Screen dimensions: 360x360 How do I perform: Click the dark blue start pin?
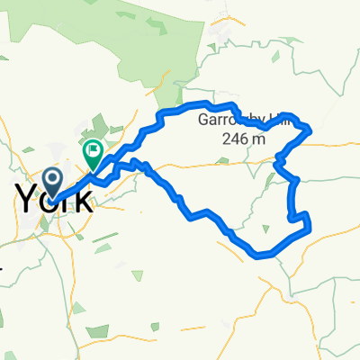[x=53, y=179]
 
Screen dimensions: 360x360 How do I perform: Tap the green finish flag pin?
[x=93, y=154]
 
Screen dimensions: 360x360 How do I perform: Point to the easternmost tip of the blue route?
[x=311, y=130]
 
